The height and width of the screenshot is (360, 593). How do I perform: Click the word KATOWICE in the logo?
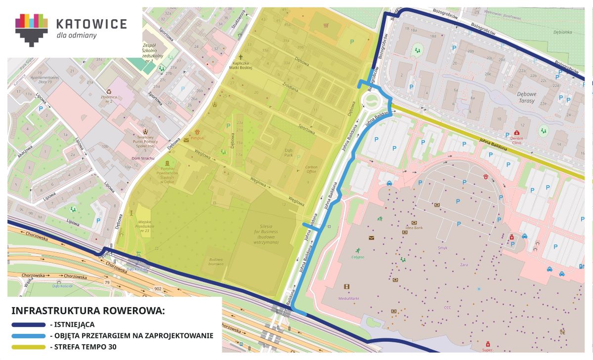(91, 24)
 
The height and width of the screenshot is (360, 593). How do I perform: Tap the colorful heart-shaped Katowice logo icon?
(32, 29)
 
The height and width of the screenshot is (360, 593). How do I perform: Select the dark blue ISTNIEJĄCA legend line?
(28, 325)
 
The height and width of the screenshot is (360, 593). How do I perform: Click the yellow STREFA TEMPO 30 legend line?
(28, 347)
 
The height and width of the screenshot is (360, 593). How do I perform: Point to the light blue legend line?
(28, 336)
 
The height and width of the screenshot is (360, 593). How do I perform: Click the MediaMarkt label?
(349, 298)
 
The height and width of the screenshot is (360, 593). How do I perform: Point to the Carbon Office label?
(311, 169)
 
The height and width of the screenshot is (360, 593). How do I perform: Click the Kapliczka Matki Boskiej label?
(242, 65)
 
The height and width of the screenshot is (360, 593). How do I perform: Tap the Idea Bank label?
(414, 228)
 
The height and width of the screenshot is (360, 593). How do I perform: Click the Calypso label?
(358, 257)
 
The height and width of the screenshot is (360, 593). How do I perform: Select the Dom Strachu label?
(143, 158)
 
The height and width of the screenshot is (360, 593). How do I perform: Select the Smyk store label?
(442, 248)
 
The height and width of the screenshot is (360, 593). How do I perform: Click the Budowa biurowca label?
(216, 261)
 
